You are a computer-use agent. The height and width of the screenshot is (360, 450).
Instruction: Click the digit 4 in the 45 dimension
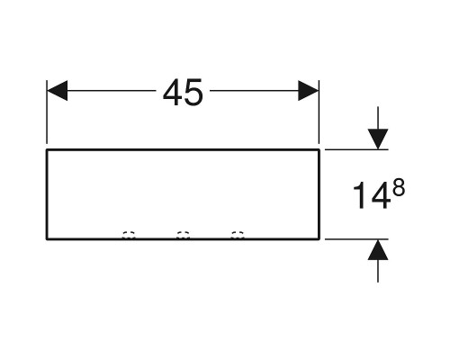coord(172,93)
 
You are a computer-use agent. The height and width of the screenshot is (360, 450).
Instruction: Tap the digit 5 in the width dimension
coord(193,93)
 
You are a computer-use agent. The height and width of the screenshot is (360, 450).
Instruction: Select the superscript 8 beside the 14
coord(399,186)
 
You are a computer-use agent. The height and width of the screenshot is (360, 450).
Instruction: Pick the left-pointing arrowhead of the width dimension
coord(58,90)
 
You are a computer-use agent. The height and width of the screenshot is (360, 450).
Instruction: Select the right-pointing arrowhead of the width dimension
coord(308,90)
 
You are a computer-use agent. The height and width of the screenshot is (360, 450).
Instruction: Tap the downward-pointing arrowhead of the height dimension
coord(378,139)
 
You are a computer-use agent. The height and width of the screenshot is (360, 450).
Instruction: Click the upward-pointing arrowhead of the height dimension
coord(378,249)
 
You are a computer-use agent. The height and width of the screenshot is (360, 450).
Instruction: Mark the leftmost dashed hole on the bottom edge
coord(129,235)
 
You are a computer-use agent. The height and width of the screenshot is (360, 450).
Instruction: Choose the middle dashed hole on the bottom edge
coord(183,235)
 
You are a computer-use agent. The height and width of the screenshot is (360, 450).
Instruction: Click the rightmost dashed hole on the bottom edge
coord(238,235)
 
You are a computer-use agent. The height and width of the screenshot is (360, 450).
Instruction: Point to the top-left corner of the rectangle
coord(47,149)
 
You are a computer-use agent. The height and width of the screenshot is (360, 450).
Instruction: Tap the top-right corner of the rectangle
coord(319,149)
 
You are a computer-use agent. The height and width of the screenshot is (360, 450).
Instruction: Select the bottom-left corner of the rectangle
coord(47,239)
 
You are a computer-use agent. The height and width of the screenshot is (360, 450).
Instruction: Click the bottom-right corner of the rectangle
coord(319,239)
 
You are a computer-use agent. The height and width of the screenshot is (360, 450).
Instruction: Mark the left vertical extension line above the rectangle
coord(47,112)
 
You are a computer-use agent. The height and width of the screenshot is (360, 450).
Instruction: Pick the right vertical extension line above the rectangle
coord(319,112)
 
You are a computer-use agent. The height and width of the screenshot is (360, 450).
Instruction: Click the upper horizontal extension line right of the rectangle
coord(356,149)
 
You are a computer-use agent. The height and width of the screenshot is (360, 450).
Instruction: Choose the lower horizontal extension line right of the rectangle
coord(356,239)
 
